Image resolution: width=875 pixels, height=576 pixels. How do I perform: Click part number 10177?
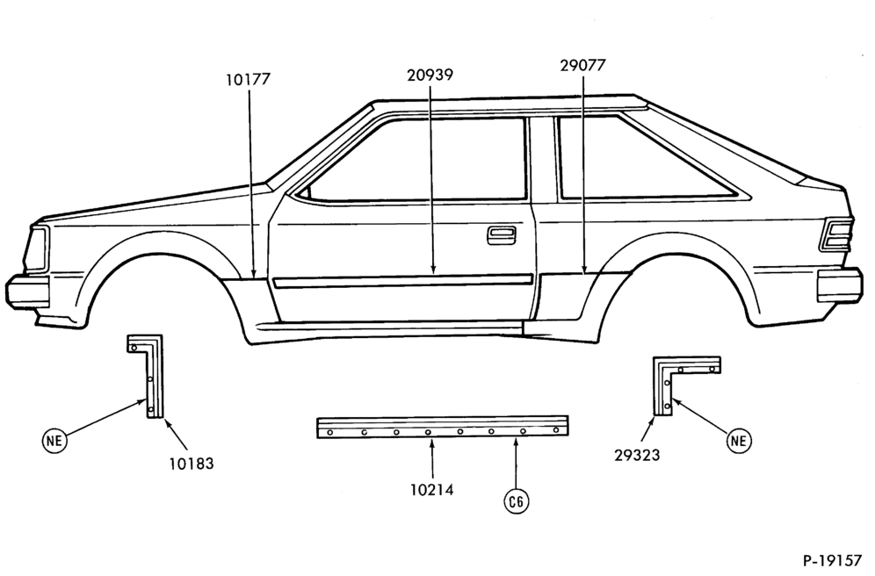point(248,80)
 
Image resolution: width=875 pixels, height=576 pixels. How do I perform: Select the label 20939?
point(430,75)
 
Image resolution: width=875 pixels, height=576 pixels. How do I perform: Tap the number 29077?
point(582,65)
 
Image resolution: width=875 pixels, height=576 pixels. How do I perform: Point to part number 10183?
point(192,464)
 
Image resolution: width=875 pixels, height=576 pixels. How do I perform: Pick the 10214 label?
point(432,490)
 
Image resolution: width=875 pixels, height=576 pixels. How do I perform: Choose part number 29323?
point(637,456)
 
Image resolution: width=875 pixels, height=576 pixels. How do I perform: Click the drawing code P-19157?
point(832,560)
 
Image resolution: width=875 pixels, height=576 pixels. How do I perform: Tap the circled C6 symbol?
point(517,502)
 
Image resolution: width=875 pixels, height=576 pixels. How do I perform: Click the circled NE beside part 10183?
point(54,441)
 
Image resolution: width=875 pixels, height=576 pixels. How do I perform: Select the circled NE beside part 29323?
point(738,441)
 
